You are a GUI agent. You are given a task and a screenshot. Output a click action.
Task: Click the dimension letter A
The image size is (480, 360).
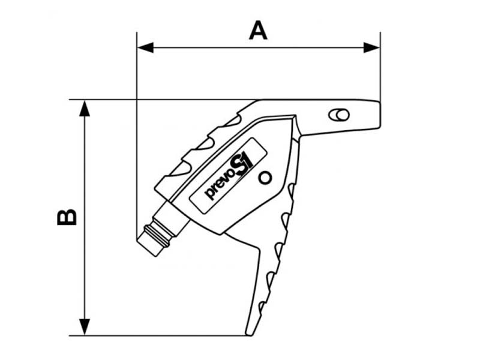258,31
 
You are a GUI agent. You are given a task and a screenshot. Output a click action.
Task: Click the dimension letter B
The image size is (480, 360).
67,217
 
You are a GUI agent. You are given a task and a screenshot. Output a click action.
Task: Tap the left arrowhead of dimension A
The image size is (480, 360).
145,48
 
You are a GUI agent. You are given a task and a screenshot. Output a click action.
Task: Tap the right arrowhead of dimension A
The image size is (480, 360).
371,48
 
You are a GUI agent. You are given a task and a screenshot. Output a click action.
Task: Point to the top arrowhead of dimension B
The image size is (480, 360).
85,109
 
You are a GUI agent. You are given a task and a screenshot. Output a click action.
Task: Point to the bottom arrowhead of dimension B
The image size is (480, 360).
85,327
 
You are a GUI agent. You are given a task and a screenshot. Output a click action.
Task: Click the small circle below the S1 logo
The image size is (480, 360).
265,178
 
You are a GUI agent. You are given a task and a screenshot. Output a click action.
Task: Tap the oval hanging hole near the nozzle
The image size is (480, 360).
338,115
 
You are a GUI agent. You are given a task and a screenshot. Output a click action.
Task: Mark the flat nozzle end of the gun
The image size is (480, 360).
380,114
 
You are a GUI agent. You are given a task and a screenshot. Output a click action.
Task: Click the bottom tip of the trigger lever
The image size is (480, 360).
249,334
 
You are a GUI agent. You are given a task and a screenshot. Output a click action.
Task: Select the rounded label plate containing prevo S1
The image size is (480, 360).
229,176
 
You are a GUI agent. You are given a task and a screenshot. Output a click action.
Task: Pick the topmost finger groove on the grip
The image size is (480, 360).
233,121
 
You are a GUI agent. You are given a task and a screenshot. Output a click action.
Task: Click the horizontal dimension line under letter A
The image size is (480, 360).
259,48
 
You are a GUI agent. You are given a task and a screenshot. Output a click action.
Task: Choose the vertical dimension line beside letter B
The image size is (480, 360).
85,218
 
